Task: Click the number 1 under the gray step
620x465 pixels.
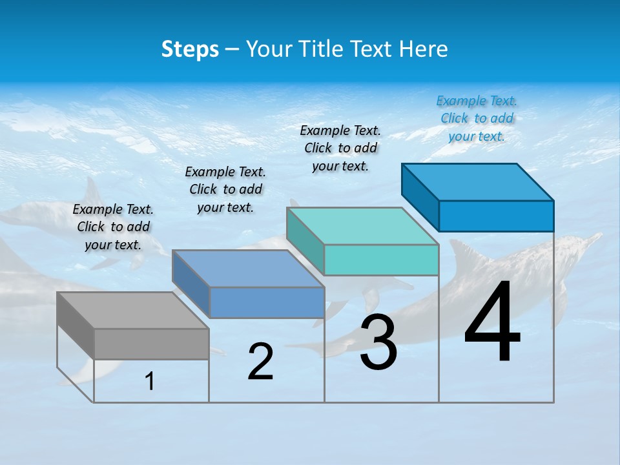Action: click(x=150, y=382)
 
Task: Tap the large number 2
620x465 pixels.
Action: click(x=260, y=362)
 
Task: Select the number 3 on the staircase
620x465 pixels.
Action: click(x=378, y=342)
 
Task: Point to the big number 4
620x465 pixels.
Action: click(x=492, y=323)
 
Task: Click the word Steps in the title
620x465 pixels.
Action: click(x=190, y=49)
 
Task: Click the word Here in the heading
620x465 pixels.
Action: click(x=423, y=49)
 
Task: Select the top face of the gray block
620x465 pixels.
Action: click(x=132, y=310)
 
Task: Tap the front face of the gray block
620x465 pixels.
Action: click(x=151, y=344)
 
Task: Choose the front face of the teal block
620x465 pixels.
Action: click(x=381, y=260)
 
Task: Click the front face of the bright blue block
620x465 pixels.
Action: click(x=496, y=216)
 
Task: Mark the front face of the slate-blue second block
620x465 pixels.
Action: click(x=267, y=302)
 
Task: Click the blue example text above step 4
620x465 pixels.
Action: click(x=477, y=118)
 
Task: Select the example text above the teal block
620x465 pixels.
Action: click(x=340, y=148)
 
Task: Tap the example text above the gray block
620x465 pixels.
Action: click(x=113, y=227)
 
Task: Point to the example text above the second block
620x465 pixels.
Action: click(x=225, y=189)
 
